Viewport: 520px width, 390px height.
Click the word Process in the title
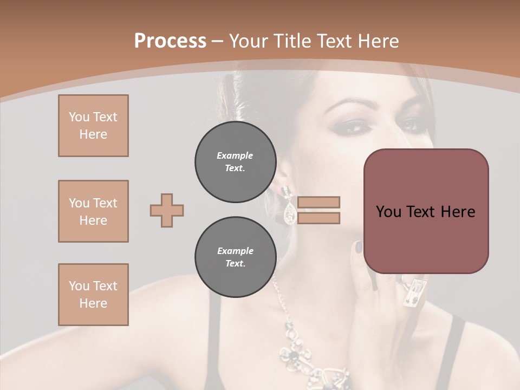(x=170, y=41)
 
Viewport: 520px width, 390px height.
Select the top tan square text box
(x=93, y=126)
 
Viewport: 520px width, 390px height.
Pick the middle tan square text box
(x=93, y=211)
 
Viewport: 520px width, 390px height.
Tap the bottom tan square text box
(x=93, y=295)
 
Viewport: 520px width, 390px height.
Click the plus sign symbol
(x=167, y=210)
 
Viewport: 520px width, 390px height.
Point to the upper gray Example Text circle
(x=235, y=161)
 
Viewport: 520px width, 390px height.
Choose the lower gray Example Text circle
(x=235, y=257)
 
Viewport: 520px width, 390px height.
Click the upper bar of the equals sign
(x=318, y=202)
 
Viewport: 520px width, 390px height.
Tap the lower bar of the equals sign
(x=318, y=218)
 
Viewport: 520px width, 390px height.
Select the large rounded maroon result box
(x=426, y=211)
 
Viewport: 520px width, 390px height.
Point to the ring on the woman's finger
(x=414, y=292)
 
